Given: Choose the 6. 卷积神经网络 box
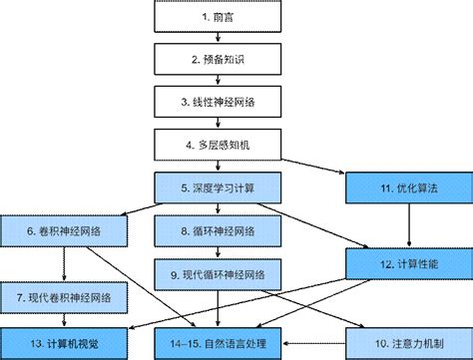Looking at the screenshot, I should (65, 231).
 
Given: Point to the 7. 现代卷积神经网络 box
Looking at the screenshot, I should (65, 297).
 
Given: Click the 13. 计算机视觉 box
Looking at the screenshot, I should (65, 342).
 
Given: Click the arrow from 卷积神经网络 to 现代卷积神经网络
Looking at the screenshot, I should (65, 264).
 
